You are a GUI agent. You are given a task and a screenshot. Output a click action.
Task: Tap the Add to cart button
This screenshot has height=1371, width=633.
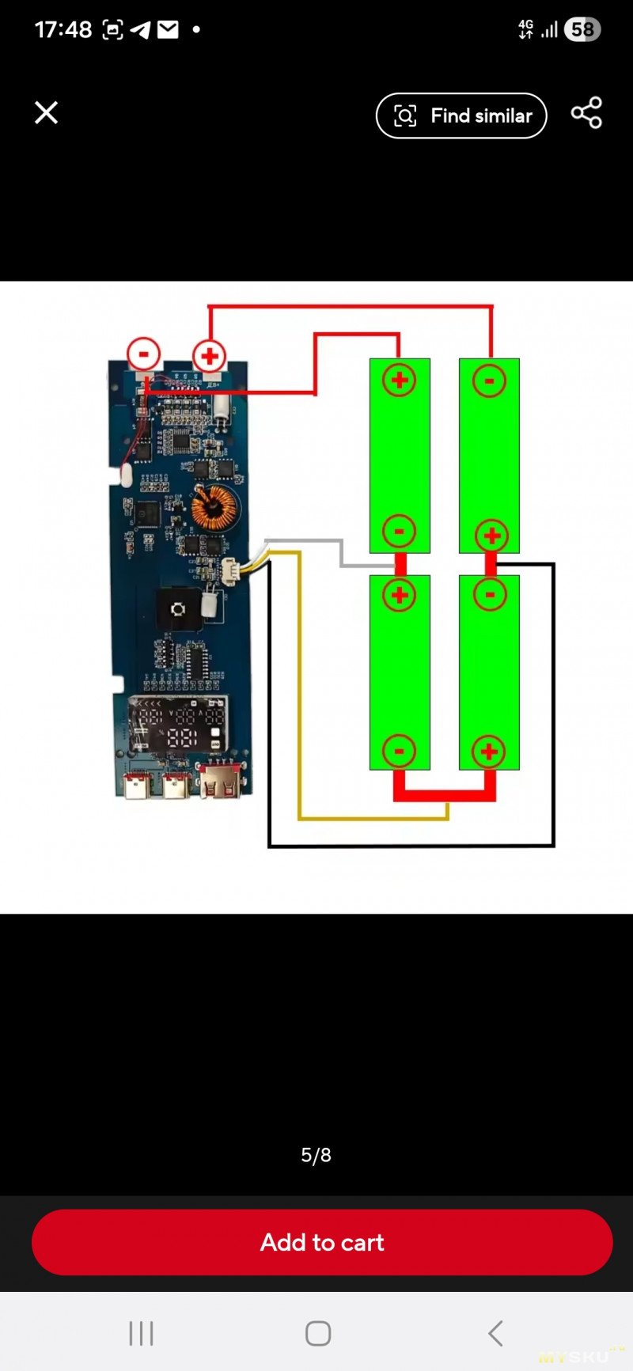(x=322, y=1242)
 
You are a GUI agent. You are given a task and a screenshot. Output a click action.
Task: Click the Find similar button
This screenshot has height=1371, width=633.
(x=461, y=116)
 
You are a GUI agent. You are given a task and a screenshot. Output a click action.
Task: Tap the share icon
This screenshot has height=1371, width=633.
(x=586, y=113)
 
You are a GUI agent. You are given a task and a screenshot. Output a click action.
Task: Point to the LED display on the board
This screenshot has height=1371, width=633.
(x=178, y=725)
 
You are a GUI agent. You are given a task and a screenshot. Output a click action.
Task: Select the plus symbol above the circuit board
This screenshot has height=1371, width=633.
(x=210, y=356)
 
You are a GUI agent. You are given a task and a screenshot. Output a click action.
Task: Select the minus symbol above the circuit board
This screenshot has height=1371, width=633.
(x=144, y=354)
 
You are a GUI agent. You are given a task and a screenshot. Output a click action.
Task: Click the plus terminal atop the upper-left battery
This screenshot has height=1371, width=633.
(x=400, y=381)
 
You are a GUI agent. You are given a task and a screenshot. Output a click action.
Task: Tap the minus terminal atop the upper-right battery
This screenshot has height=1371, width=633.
(x=489, y=381)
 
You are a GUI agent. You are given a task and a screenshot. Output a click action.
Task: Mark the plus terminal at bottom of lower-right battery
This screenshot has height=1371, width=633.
(x=489, y=752)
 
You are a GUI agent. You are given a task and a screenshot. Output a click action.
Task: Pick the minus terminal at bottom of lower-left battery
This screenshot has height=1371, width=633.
(x=400, y=752)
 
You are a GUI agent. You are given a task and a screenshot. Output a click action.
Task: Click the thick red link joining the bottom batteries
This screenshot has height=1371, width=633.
(x=445, y=793)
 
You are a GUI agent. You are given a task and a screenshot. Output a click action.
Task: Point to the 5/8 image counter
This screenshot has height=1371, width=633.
(x=316, y=1155)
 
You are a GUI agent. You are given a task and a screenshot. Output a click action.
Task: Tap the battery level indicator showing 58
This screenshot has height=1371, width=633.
(x=582, y=30)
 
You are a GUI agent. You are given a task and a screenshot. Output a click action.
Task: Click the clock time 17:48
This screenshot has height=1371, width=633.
(x=63, y=30)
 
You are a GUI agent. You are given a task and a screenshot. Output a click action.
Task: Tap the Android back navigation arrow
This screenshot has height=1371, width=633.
(x=495, y=1333)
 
